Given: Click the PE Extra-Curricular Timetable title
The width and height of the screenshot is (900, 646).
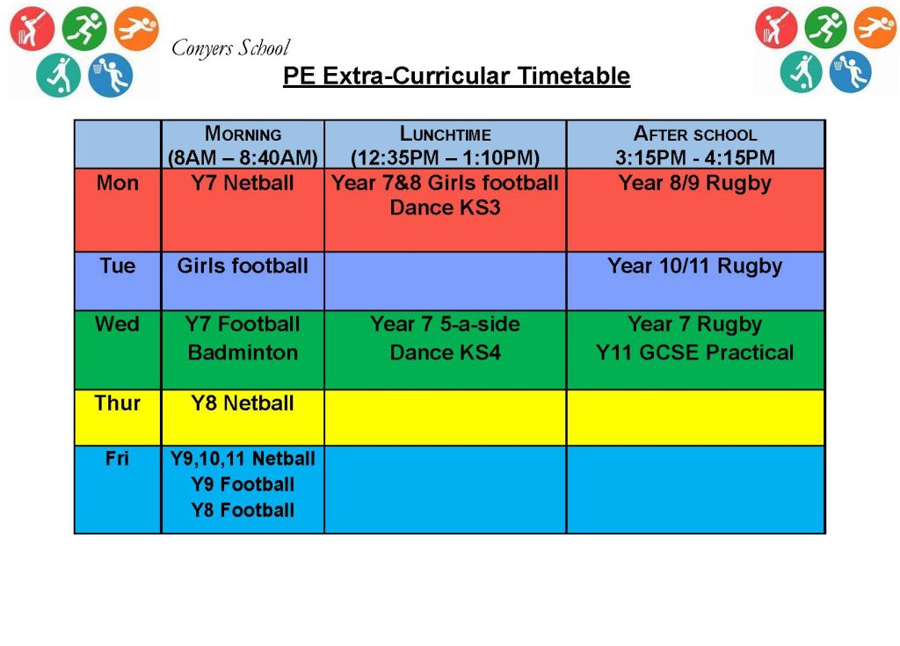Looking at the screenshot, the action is pyautogui.click(x=457, y=76).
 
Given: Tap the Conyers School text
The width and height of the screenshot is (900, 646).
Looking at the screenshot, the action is pyautogui.click(x=230, y=47).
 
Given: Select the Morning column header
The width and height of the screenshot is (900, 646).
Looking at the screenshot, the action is pyautogui.click(x=243, y=145).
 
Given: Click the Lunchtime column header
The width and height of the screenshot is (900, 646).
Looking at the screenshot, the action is pyautogui.click(x=446, y=145).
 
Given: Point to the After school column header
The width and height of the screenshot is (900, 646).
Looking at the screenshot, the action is pyautogui.click(x=695, y=145).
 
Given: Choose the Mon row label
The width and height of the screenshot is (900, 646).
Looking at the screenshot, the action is pyautogui.click(x=118, y=183).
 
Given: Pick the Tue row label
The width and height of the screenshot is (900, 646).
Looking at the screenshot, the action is pyautogui.click(x=118, y=265).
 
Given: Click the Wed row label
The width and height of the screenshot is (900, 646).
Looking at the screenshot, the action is pyautogui.click(x=118, y=323).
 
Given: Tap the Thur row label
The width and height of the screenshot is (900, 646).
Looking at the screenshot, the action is pyautogui.click(x=118, y=403).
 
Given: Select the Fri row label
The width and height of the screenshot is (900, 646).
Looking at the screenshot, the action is pyautogui.click(x=117, y=458).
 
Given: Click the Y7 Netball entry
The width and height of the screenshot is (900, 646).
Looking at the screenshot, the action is pyautogui.click(x=243, y=183).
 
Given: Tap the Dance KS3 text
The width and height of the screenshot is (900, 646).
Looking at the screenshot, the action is pyautogui.click(x=446, y=207).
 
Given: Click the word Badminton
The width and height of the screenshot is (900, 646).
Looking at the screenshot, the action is pyautogui.click(x=243, y=352).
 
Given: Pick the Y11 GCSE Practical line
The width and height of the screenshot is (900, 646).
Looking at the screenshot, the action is pyautogui.click(x=695, y=352).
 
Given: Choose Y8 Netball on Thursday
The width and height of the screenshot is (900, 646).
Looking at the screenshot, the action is pyautogui.click(x=243, y=403).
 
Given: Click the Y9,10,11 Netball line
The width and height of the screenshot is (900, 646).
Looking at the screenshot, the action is pyautogui.click(x=243, y=459).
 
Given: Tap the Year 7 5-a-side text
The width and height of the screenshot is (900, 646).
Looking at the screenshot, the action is pyautogui.click(x=446, y=323).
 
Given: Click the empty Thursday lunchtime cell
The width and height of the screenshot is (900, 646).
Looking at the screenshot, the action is pyautogui.click(x=446, y=417).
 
